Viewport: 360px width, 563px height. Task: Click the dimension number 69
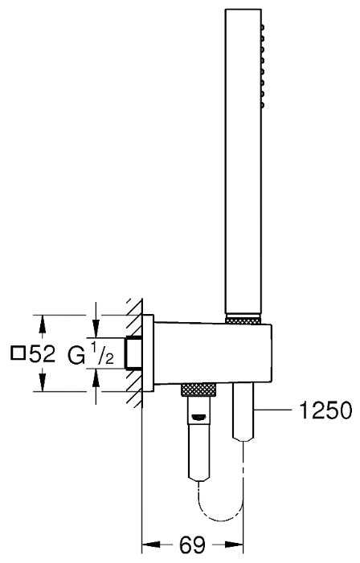[192, 545]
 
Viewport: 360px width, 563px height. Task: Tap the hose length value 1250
[326, 410]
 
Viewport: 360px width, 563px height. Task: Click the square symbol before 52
[18, 353]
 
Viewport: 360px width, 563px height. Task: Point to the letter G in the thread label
[76, 356]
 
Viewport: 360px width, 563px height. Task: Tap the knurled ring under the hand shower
[243, 320]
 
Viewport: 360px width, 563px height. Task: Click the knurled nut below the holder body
[198, 390]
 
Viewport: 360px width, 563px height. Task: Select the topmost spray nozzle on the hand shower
[263, 27]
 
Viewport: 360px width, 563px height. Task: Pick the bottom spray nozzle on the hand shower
[263, 105]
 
